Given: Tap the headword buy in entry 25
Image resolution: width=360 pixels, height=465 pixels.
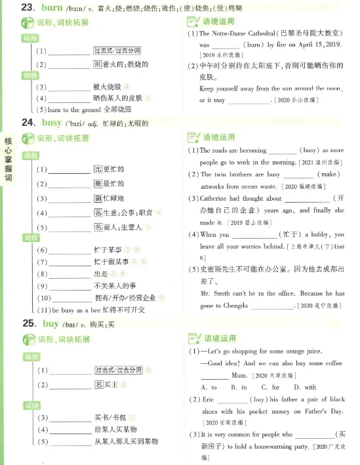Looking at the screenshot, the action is point(50,323).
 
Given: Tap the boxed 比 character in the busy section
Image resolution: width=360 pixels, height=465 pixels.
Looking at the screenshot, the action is point(97,169).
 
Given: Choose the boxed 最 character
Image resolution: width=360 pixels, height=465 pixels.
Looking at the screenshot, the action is point(97,184).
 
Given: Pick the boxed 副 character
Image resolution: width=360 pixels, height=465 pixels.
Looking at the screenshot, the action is point(97,198).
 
